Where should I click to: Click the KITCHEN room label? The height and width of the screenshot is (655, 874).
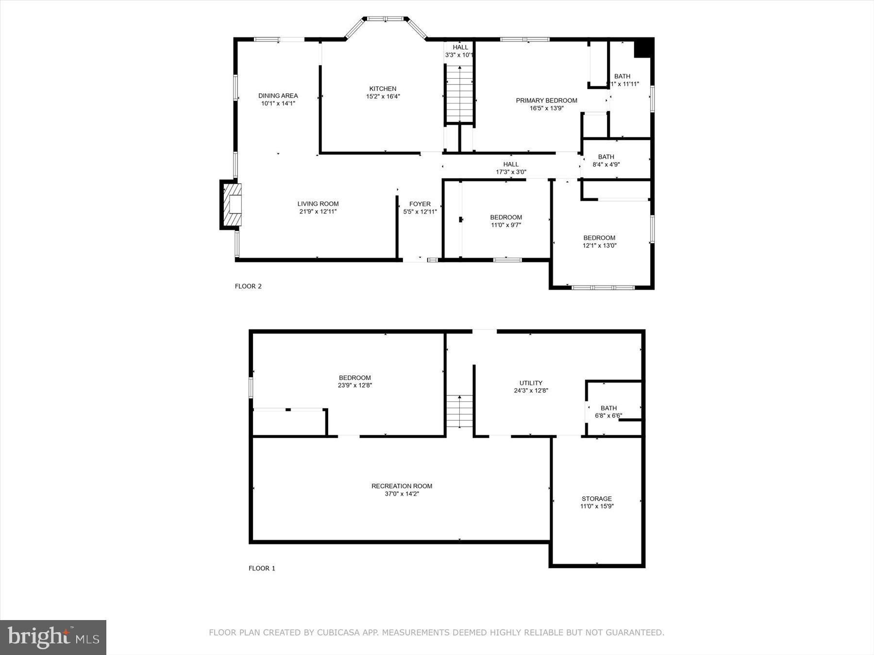(x=383, y=89)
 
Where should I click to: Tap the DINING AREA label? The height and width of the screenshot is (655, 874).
(x=278, y=96)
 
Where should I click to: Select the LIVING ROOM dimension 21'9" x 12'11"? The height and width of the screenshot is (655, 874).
(x=318, y=212)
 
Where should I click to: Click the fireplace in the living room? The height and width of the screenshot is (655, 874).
(x=232, y=204)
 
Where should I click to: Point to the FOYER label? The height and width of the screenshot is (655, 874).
(x=420, y=204)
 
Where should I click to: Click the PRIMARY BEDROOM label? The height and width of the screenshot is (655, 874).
(x=546, y=100)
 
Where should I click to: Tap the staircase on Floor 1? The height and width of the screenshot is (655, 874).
(x=460, y=411)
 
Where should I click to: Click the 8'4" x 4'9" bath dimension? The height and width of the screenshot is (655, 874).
(x=606, y=164)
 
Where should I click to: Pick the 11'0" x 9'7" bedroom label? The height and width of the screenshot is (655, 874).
(x=506, y=217)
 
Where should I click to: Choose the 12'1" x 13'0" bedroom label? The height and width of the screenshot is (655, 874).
(x=599, y=238)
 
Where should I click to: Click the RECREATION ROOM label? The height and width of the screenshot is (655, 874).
(x=402, y=486)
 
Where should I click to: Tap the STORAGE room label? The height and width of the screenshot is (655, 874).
(x=597, y=499)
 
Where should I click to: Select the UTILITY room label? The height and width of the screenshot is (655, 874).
(x=531, y=383)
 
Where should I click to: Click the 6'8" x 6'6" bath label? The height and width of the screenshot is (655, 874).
(x=608, y=408)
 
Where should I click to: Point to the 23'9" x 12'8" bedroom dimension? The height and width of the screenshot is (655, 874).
(x=355, y=386)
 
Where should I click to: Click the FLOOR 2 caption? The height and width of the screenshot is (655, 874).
(x=248, y=286)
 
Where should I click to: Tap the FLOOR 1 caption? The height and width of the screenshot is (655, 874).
(x=262, y=568)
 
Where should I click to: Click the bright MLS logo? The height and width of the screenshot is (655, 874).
(x=53, y=637)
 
